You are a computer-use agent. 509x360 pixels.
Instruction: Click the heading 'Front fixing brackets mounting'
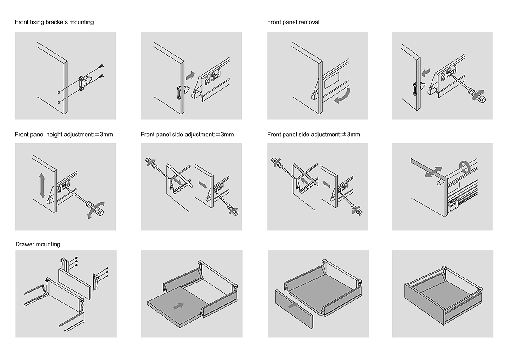[x=54, y=22]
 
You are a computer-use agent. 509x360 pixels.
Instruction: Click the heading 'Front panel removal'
[x=293, y=22]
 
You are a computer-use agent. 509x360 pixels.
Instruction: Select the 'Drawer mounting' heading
[x=38, y=244]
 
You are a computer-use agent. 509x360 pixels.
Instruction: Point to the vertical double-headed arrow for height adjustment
[x=42, y=185]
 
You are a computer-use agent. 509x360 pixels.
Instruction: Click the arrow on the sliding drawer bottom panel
[x=177, y=306]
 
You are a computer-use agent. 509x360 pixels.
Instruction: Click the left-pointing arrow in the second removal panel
[x=427, y=70]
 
